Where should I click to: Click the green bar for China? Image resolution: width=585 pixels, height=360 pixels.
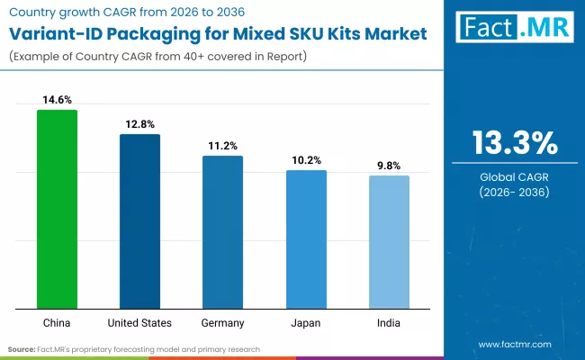pyautogui.click(x=57, y=209)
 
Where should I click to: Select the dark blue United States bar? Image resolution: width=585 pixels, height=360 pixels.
pyautogui.click(x=139, y=220)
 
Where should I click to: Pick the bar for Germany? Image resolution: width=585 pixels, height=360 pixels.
pyautogui.click(x=222, y=231)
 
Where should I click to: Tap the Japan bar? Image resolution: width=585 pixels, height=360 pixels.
pyautogui.click(x=306, y=238)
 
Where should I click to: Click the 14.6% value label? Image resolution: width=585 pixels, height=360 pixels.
pyautogui.click(x=57, y=101)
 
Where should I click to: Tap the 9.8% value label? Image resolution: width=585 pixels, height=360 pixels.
pyautogui.click(x=389, y=166)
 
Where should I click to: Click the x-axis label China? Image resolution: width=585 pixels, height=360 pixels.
pyautogui.click(x=57, y=321)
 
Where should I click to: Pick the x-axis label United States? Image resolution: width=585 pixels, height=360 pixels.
pyautogui.click(x=139, y=321)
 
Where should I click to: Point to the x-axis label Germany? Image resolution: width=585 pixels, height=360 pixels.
pyautogui.click(x=222, y=321)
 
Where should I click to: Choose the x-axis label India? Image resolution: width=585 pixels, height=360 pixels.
pyautogui.click(x=389, y=321)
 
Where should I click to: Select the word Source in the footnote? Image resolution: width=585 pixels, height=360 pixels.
pyautogui.click(x=22, y=348)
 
